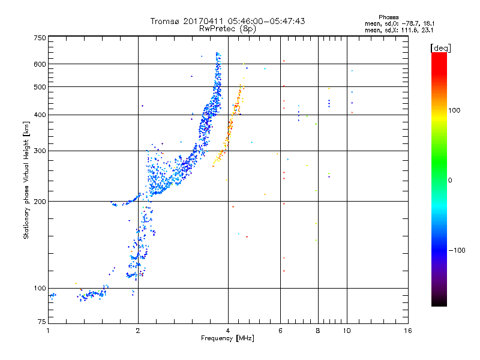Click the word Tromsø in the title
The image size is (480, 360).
click(x=165, y=21)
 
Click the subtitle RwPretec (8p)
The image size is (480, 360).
click(x=227, y=29)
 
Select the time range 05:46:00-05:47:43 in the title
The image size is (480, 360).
click(x=266, y=21)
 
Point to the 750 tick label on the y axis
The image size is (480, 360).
click(x=40, y=38)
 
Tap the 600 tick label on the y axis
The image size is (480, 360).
click(x=40, y=64)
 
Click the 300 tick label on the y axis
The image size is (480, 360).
click(x=40, y=151)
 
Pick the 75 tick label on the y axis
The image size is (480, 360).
click(x=42, y=322)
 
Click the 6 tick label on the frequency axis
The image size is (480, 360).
click(x=280, y=331)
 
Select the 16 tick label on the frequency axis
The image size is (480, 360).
click(x=408, y=331)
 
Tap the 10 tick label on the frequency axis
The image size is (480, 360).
click(x=347, y=331)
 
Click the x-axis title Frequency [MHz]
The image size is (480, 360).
click(x=227, y=338)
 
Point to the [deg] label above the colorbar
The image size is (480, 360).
click(x=440, y=48)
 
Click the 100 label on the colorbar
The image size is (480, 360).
click(x=454, y=110)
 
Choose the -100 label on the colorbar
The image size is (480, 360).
click(x=457, y=250)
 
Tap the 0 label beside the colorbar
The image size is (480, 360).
click(x=450, y=181)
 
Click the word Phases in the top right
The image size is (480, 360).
click(x=388, y=17)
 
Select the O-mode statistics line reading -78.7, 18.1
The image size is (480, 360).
click(x=400, y=23)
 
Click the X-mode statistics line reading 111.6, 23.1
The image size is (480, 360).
click(x=399, y=30)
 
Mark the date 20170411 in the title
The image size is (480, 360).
click(x=203, y=21)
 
